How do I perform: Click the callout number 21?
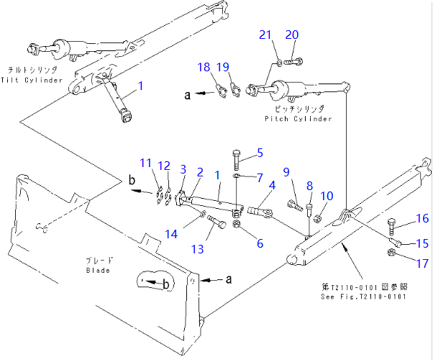click(266, 35)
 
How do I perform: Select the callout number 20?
click(291, 35)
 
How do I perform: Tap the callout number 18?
click(204, 67)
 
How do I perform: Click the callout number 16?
click(421, 218)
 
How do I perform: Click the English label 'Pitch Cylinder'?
click(298, 118)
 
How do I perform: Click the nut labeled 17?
click(393, 252)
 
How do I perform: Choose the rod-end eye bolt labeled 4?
click(261, 212)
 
